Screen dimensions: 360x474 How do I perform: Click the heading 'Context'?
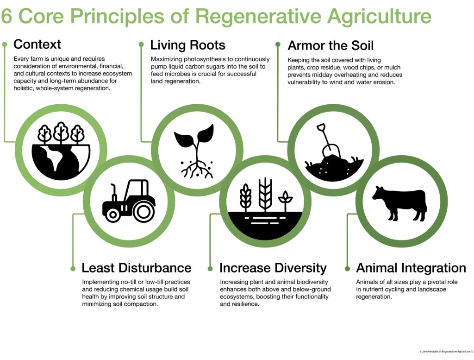(x=37, y=44)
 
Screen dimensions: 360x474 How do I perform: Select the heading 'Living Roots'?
(x=187, y=45)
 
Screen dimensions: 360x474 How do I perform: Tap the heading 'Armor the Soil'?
(x=331, y=45)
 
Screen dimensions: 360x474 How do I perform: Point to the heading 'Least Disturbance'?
(x=136, y=268)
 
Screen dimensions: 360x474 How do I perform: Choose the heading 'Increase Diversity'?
(x=273, y=268)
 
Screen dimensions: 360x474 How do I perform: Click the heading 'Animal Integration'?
(x=411, y=268)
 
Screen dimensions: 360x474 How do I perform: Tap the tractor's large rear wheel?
(x=144, y=211)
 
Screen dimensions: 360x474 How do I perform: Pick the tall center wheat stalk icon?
(x=265, y=195)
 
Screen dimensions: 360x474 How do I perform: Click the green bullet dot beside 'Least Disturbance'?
(x=73, y=268)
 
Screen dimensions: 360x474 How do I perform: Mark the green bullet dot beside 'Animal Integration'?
(x=348, y=268)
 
